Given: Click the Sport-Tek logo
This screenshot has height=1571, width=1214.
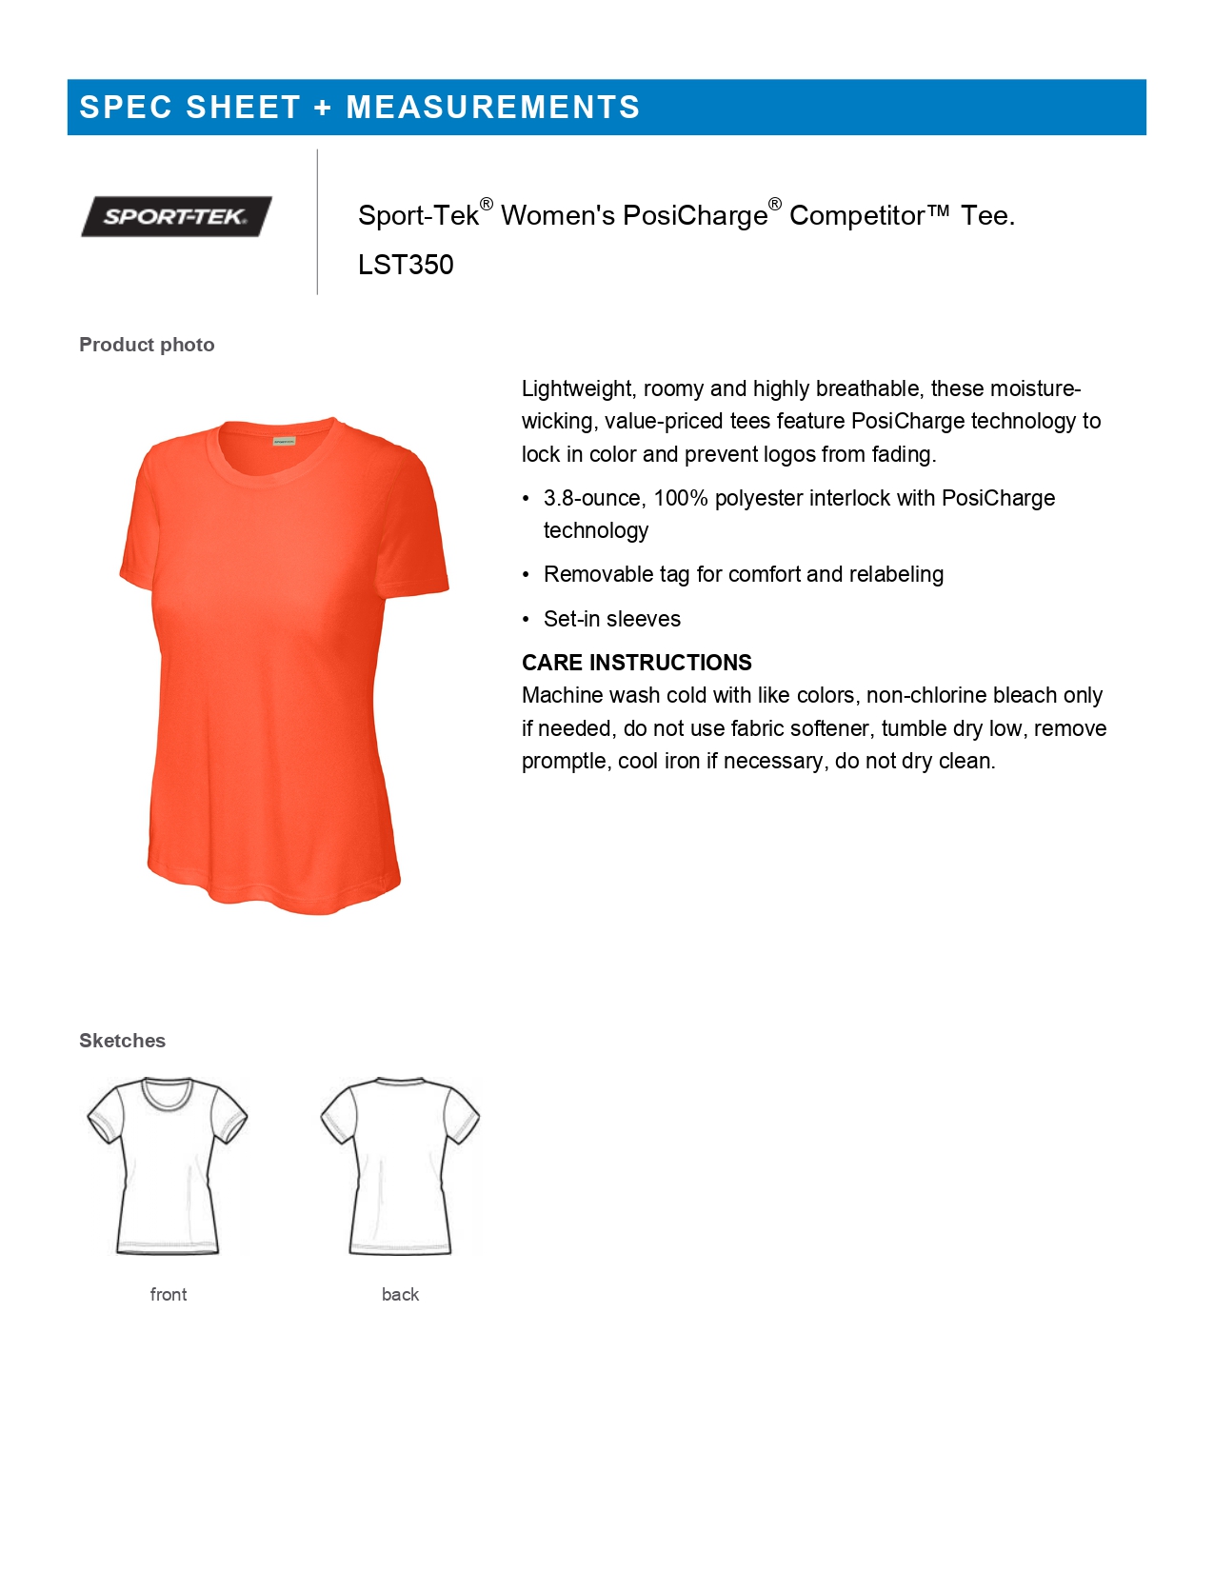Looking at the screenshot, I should [176, 216].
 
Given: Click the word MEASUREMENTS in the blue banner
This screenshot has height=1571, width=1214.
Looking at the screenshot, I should [492, 108].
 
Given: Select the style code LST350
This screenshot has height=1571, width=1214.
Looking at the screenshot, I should [406, 265].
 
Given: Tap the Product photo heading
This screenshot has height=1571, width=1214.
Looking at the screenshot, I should [147, 345].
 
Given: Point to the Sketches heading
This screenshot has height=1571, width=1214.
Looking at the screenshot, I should [122, 1041].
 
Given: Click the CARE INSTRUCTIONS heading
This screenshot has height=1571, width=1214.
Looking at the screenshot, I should [636, 663].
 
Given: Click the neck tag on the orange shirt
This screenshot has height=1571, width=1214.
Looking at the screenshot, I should [284, 441].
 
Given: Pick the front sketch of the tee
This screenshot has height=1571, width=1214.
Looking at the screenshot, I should [168, 1165].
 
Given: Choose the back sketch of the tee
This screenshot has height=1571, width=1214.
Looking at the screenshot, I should [400, 1165].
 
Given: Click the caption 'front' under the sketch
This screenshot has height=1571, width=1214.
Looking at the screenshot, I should [169, 1295].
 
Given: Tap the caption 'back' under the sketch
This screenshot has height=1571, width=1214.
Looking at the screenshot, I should [400, 1295].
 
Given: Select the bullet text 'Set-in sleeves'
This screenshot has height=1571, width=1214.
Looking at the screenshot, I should [611, 619].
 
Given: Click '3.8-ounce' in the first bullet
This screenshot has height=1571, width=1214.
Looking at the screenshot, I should [593, 498].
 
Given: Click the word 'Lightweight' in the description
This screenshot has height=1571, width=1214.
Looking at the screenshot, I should [577, 388].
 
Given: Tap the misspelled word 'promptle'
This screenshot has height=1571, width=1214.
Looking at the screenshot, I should [565, 762].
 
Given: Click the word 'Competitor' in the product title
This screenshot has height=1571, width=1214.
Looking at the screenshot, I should [856, 216].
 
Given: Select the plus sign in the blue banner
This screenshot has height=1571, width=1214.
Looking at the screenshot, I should [323, 108].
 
